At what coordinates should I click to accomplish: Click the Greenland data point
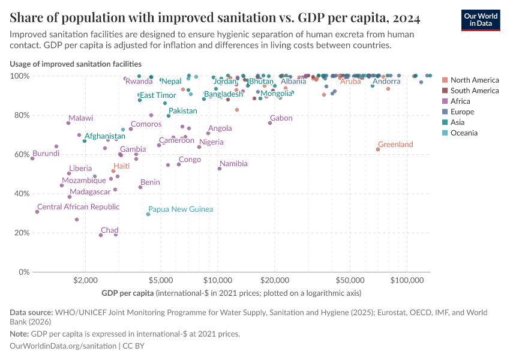pyautogui.click(x=378, y=149)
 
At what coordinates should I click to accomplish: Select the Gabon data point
pyautogui.click(x=270, y=123)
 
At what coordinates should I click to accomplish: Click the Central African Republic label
pyautogui.click(x=78, y=206)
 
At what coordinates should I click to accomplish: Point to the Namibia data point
pyautogui.click(x=220, y=169)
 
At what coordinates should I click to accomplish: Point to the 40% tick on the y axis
pyautogui.click(x=21, y=194)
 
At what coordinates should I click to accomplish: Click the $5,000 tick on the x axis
pyautogui.click(x=160, y=280)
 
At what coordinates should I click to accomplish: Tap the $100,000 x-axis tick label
pyautogui.click(x=407, y=280)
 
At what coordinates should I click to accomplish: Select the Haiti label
pyautogui.click(x=121, y=166)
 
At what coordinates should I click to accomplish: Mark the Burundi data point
pyautogui.click(x=32, y=158)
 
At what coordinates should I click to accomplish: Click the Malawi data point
pyautogui.click(x=68, y=123)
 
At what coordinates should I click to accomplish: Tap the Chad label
pyautogui.click(x=109, y=230)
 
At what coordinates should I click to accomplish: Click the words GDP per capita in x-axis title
pyautogui.click(x=127, y=293)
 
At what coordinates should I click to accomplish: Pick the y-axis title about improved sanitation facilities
pyautogui.click(x=76, y=63)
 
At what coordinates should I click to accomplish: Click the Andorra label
pyautogui.click(x=386, y=81)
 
